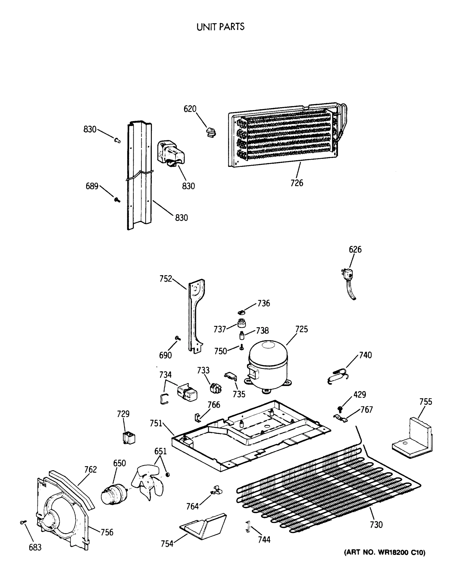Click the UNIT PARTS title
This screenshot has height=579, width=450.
click(220, 27)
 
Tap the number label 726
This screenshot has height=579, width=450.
click(297, 183)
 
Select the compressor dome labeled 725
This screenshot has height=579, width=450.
click(268, 365)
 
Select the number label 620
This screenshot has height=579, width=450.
click(190, 109)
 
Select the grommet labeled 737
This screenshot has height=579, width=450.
click(242, 323)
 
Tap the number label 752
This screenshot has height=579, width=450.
click(166, 279)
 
